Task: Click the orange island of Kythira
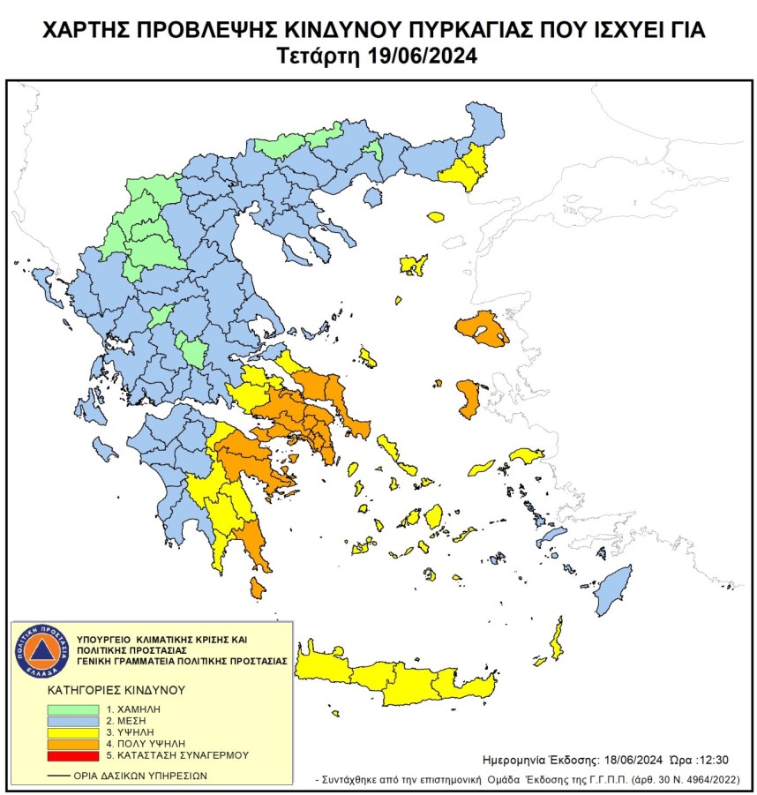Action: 257,588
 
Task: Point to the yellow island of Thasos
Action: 435,216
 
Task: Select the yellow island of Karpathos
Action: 557,639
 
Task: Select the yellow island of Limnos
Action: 413,264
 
